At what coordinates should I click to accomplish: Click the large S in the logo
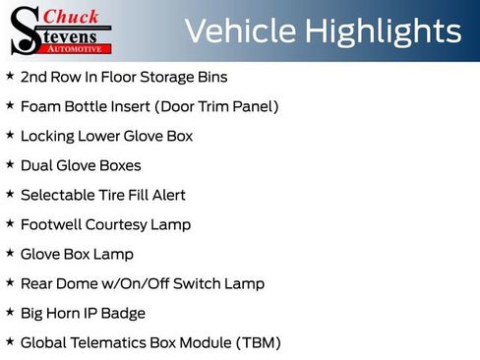point(25,30)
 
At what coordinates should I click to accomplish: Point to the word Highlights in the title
point(383,31)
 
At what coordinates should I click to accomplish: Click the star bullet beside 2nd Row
point(10,76)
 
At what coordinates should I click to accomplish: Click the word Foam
point(40,106)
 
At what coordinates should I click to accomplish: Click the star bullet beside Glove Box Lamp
point(10,253)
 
